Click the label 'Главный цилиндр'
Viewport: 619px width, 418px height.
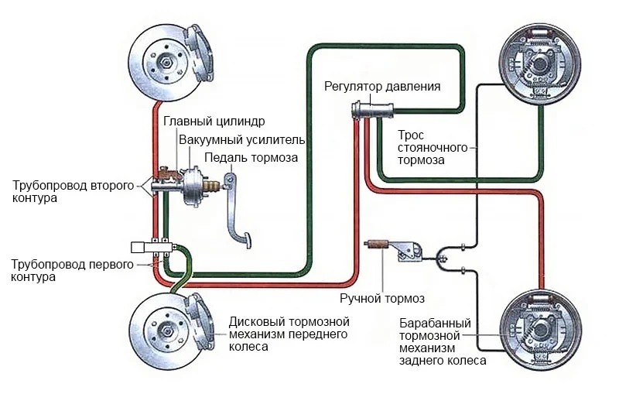point(214,122)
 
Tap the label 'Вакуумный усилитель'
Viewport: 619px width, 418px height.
point(242,140)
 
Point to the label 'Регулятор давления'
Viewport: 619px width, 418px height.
point(382,86)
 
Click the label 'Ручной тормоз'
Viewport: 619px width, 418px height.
point(382,298)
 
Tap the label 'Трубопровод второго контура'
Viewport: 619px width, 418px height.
point(73,192)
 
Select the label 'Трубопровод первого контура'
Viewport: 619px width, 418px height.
point(74,270)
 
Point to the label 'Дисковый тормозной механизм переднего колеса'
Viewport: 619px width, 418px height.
point(289,334)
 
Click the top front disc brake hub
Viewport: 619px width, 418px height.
point(166,62)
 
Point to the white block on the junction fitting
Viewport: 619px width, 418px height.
point(141,248)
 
